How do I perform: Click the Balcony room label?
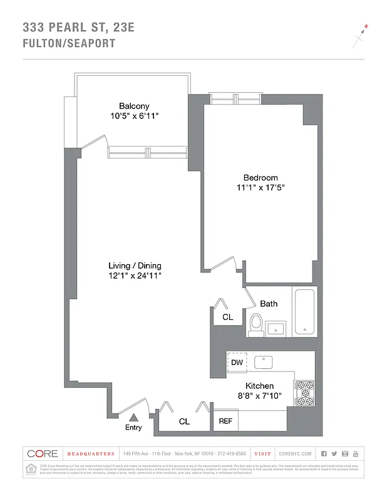coord(134,106)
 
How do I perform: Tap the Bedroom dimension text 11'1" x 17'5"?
coord(261,188)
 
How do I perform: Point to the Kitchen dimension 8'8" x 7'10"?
coord(259,396)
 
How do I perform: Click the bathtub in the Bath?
coord(305,311)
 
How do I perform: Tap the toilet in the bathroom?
coord(255,324)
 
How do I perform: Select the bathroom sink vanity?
coord(276,328)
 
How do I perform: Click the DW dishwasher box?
coord(237,363)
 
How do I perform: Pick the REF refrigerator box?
coord(225,421)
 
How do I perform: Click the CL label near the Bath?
coord(227,318)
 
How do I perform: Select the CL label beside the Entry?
coord(184,421)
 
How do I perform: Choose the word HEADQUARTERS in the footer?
coord(91,453)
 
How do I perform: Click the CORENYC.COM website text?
coord(294,453)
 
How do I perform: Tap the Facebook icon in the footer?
coord(324,453)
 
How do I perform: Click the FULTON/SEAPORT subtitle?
coord(69,43)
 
